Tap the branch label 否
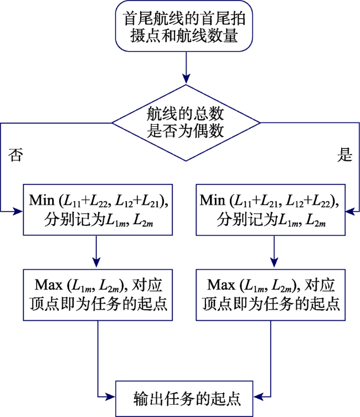16,155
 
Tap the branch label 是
345,155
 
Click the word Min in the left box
42,200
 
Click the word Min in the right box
212,200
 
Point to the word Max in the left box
49,285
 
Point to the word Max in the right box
221,285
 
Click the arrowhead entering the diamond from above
186,79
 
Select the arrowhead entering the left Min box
18,212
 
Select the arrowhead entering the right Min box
351,212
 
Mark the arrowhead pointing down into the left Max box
96,262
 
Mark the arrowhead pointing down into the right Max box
274,262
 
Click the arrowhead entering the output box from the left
110,397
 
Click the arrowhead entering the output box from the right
258,397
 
